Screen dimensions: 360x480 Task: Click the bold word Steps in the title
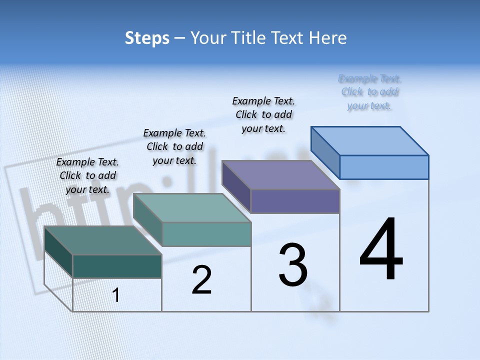[x=147, y=38]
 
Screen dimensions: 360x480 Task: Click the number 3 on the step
[x=293, y=265]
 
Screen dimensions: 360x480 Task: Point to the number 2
[x=201, y=280]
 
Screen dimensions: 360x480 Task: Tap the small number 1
[x=116, y=295]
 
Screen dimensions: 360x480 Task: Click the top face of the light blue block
[x=370, y=140]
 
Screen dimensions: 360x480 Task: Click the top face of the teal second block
[x=192, y=207]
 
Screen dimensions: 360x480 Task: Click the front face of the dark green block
[x=117, y=266]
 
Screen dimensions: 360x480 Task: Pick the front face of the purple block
[x=295, y=201]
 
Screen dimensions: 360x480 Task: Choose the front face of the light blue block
[x=384, y=167]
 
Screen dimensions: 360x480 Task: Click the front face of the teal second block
[x=206, y=234]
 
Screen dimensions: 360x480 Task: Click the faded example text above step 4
[x=369, y=92]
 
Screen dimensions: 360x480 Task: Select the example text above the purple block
[x=263, y=114]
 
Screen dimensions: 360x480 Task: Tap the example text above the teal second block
[x=174, y=146]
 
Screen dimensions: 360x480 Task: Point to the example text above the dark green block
[x=87, y=175]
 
